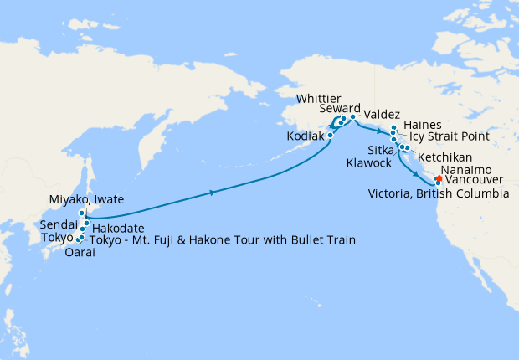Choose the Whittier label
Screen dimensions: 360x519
click(319, 100)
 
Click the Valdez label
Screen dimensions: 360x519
click(383, 115)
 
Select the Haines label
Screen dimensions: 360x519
click(422, 124)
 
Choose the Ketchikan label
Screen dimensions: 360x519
click(444, 157)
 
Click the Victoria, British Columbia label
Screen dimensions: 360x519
click(439, 193)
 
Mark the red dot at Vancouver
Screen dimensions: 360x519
click(439, 177)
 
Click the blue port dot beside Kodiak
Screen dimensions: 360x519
click(331, 135)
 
